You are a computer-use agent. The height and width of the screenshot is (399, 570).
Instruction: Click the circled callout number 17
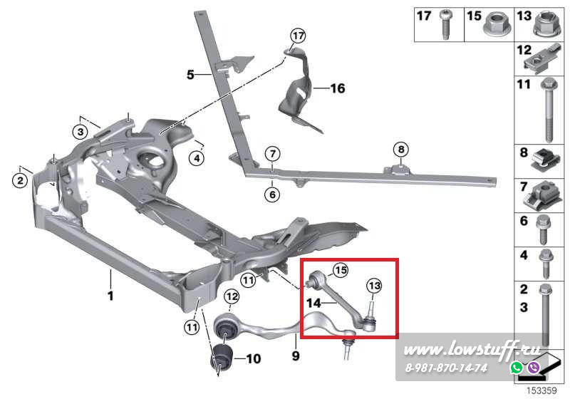297,35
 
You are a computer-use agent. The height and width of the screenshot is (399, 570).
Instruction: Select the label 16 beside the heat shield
337,89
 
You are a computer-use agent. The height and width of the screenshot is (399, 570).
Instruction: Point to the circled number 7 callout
271,154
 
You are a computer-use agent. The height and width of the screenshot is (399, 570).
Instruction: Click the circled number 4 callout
197,157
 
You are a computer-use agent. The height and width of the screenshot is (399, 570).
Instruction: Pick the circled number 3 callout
80,132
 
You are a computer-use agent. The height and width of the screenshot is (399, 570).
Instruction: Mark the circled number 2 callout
21,182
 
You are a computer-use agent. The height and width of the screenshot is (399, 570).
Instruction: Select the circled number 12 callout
231,296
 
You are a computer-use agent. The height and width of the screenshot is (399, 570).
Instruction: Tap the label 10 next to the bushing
253,360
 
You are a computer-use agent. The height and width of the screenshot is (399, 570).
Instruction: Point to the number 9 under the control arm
294,353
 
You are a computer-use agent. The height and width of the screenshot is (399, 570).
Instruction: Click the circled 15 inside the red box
341,270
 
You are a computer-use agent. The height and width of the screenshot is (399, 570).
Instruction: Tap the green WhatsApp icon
516,368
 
